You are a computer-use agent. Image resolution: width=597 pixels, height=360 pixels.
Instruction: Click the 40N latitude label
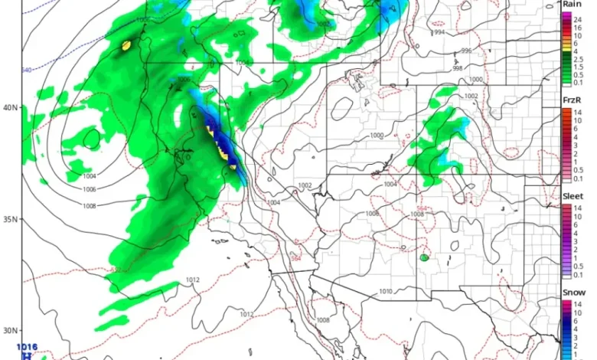[x=9, y=107]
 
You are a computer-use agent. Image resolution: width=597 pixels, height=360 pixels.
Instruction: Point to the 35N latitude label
[x=9, y=219]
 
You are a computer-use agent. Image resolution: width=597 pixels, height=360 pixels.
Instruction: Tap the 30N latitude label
[x=9, y=331]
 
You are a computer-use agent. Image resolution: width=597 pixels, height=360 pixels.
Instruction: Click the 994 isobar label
[x=439, y=33]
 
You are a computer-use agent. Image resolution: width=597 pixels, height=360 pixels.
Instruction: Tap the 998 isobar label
[x=457, y=69]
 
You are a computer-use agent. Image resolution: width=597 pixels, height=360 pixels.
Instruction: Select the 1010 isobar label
[x=386, y=291]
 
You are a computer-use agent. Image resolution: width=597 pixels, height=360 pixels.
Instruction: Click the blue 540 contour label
[x=27, y=70]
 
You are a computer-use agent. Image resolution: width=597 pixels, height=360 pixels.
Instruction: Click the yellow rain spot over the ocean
[x=126, y=46]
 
